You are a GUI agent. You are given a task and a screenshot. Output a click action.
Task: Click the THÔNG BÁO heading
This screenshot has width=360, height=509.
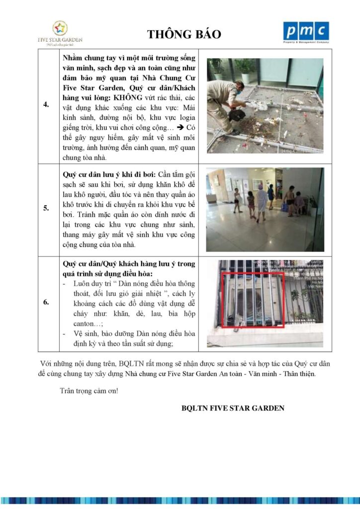click(x=183, y=34)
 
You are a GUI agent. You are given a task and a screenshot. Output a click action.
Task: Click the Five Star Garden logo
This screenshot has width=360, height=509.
click(x=60, y=32)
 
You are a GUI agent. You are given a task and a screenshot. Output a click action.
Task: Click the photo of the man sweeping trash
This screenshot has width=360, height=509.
click(x=265, y=105)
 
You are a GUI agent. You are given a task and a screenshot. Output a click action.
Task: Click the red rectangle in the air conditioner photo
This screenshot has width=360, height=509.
click(x=252, y=300)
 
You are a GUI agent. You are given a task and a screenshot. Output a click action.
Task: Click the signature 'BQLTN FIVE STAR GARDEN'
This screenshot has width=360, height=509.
click(x=233, y=408)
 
